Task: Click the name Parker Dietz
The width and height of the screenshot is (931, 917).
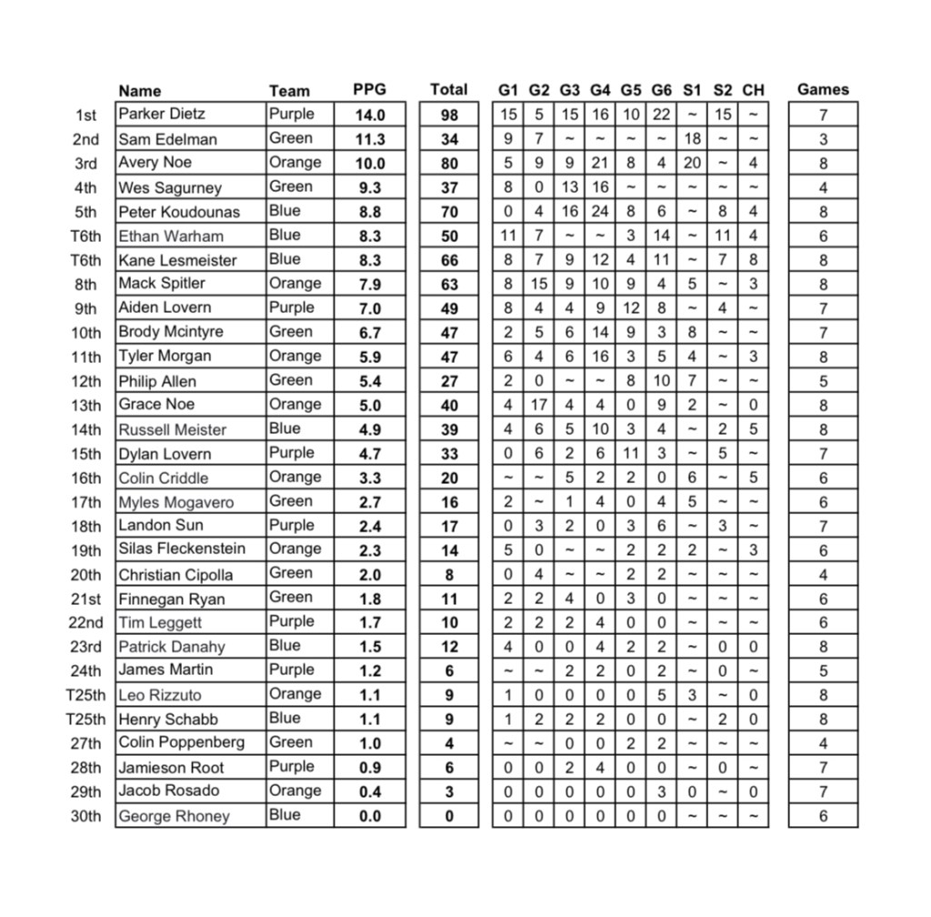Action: [x=162, y=115]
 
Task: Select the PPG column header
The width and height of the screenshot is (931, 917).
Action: [x=369, y=90]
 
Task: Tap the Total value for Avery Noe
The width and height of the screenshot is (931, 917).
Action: [x=449, y=164]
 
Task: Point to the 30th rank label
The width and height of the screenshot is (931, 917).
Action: [x=85, y=816]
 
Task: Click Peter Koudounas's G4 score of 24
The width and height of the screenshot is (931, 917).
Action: [x=600, y=212]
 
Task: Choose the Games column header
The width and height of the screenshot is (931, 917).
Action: [x=823, y=90]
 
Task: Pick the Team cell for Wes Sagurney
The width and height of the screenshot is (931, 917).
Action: [x=290, y=187]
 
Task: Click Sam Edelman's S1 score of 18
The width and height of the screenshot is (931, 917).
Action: [x=692, y=139]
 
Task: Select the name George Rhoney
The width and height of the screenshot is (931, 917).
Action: [x=174, y=816]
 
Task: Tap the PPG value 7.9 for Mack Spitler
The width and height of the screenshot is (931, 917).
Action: [x=370, y=285]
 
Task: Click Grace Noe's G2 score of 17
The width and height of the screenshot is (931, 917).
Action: [x=539, y=405]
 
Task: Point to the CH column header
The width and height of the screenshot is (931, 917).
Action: [x=753, y=90]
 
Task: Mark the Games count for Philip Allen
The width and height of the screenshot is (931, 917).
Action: [x=823, y=381]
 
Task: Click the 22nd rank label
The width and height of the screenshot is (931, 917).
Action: [x=85, y=623]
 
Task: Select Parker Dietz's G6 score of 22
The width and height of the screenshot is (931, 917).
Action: [x=661, y=115]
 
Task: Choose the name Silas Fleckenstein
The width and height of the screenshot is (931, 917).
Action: [x=182, y=549]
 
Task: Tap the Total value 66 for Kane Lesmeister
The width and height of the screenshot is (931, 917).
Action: [x=449, y=260]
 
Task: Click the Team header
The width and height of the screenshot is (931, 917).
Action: [x=289, y=91]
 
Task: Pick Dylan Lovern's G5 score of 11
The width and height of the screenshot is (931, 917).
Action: [x=631, y=453]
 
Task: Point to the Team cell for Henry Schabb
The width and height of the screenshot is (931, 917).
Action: [x=285, y=719]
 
